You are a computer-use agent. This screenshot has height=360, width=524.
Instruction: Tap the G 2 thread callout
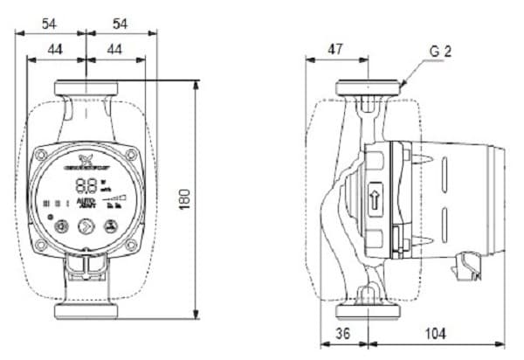point(440,52)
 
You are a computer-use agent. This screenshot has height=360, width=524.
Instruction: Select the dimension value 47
point(334,51)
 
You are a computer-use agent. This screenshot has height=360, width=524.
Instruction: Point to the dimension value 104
point(434,333)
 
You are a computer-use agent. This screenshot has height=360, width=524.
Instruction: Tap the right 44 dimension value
point(115,51)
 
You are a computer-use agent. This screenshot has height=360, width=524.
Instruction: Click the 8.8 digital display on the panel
point(86,185)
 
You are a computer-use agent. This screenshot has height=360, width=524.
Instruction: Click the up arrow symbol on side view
point(376,195)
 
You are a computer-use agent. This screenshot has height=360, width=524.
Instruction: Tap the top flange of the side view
point(370,88)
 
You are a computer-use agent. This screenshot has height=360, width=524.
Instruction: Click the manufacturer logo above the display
point(86,162)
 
